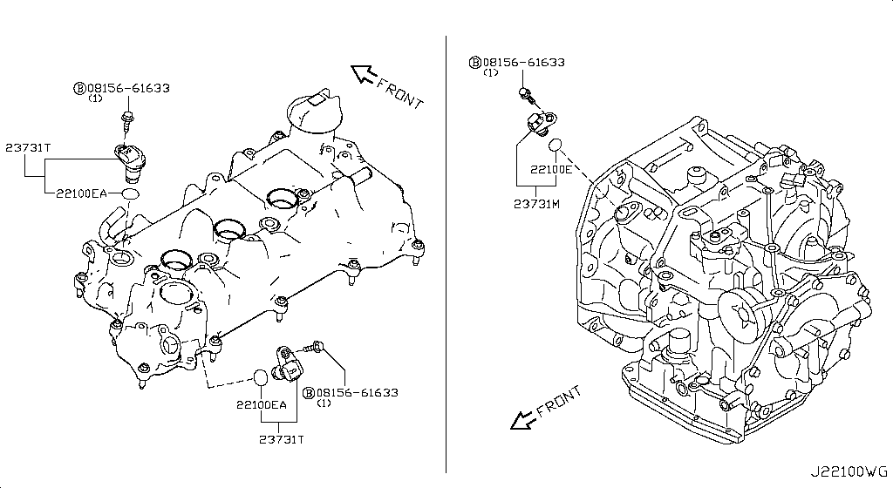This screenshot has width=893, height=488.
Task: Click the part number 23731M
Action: [538, 203]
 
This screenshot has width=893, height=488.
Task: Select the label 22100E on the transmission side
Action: [551, 169]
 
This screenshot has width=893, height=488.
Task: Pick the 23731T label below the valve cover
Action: [282, 438]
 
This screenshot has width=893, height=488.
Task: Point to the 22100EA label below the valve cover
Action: [261, 405]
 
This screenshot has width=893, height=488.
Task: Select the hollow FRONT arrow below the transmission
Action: [523, 420]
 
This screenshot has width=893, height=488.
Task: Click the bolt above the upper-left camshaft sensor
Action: [128, 119]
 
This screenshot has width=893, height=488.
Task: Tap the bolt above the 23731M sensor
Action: [523, 93]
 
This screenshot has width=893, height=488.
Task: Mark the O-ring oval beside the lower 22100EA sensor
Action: [260, 377]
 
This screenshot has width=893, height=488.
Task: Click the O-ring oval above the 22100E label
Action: [555, 143]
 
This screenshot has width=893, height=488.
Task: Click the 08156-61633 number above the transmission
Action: [523, 63]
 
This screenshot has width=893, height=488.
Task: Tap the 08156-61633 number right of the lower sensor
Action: [357, 393]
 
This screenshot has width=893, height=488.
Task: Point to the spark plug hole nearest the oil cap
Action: [281, 199]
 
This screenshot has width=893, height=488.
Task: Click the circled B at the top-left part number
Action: [78, 88]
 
